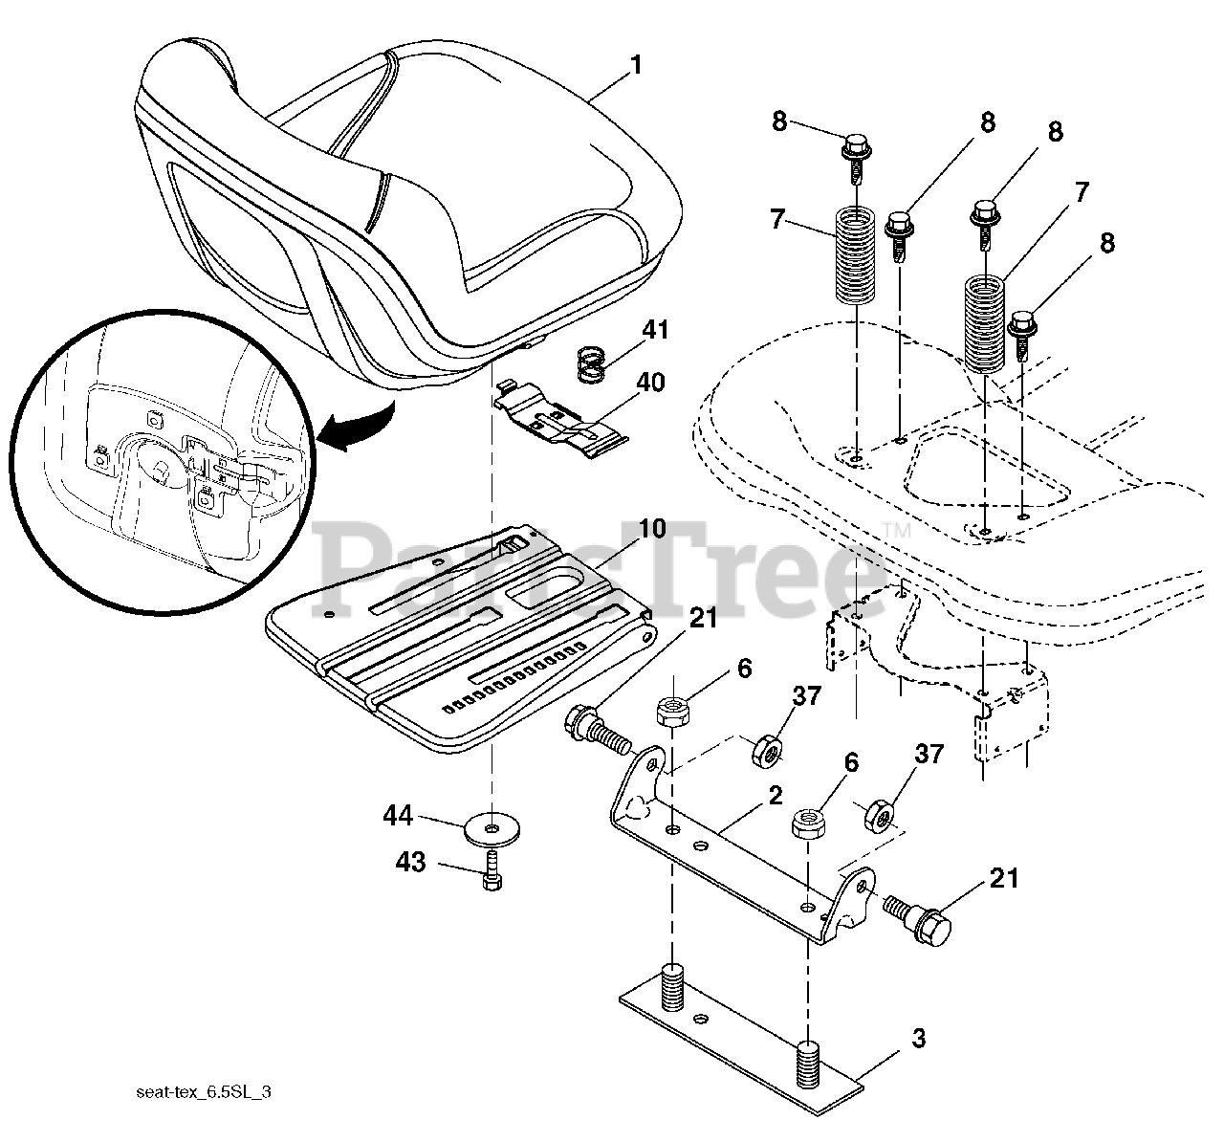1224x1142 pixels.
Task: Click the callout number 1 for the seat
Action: pos(636,66)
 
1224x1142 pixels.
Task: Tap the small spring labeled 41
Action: pos(593,364)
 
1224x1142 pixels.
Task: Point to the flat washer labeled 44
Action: pos(492,825)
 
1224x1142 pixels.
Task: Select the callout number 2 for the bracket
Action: pos(774,796)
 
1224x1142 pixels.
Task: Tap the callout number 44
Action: pos(398,816)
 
